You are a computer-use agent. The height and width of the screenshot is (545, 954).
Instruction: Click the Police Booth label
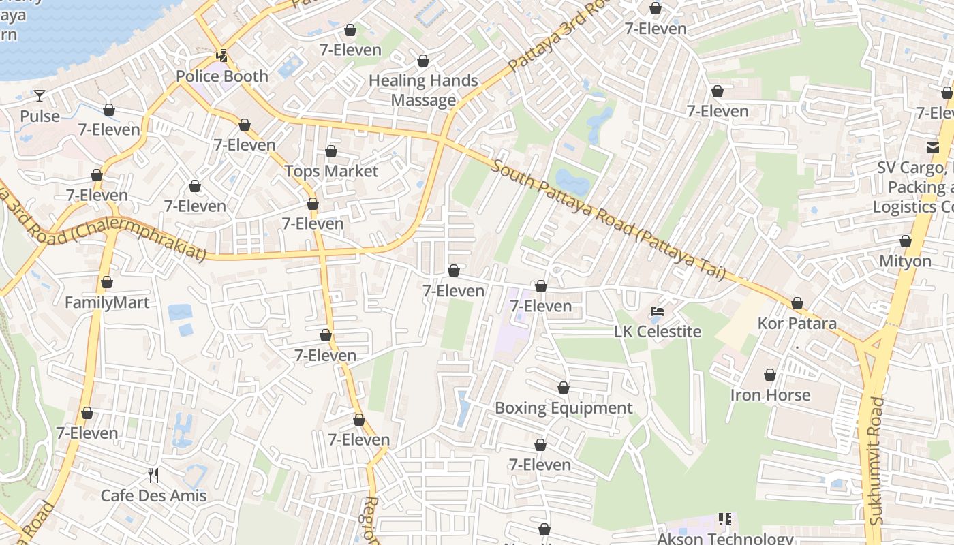pyautogui.click(x=222, y=76)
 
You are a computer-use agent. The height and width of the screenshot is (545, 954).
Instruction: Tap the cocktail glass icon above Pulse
pyautogui.click(x=40, y=96)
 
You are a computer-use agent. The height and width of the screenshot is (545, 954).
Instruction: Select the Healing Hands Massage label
pyautogui.click(x=423, y=90)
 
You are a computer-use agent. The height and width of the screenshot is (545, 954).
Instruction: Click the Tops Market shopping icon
pyautogui.click(x=331, y=151)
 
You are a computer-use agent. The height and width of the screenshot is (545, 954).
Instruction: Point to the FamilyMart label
pyautogui.click(x=107, y=302)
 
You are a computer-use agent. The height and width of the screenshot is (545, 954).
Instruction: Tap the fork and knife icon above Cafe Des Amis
pyautogui.click(x=153, y=475)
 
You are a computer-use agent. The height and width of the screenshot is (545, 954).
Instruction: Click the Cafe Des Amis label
pyautogui.click(x=153, y=495)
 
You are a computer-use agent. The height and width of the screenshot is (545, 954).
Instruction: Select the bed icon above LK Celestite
pyautogui.click(x=658, y=311)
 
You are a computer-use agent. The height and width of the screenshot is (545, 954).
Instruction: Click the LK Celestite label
pyautogui.click(x=658, y=332)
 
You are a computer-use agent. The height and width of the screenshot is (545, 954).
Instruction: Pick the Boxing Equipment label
pyautogui.click(x=564, y=408)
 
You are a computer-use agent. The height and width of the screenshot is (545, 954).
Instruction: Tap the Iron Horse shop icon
pyautogui.click(x=770, y=375)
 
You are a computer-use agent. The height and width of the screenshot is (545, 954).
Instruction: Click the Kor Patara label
pyautogui.click(x=797, y=323)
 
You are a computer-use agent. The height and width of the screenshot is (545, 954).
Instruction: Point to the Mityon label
pyautogui.click(x=905, y=261)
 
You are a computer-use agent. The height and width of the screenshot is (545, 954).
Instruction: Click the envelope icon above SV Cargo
pyautogui.click(x=932, y=147)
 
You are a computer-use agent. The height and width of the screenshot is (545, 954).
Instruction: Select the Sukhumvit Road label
pyautogui.click(x=876, y=461)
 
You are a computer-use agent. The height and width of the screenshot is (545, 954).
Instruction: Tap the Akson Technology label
pyautogui.click(x=725, y=538)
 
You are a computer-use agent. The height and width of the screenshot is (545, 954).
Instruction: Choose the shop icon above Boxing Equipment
pyautogui.click(x=564, y=388)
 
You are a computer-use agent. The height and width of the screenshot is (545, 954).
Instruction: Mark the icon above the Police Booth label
pyautogui.click(x=221, y=56)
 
